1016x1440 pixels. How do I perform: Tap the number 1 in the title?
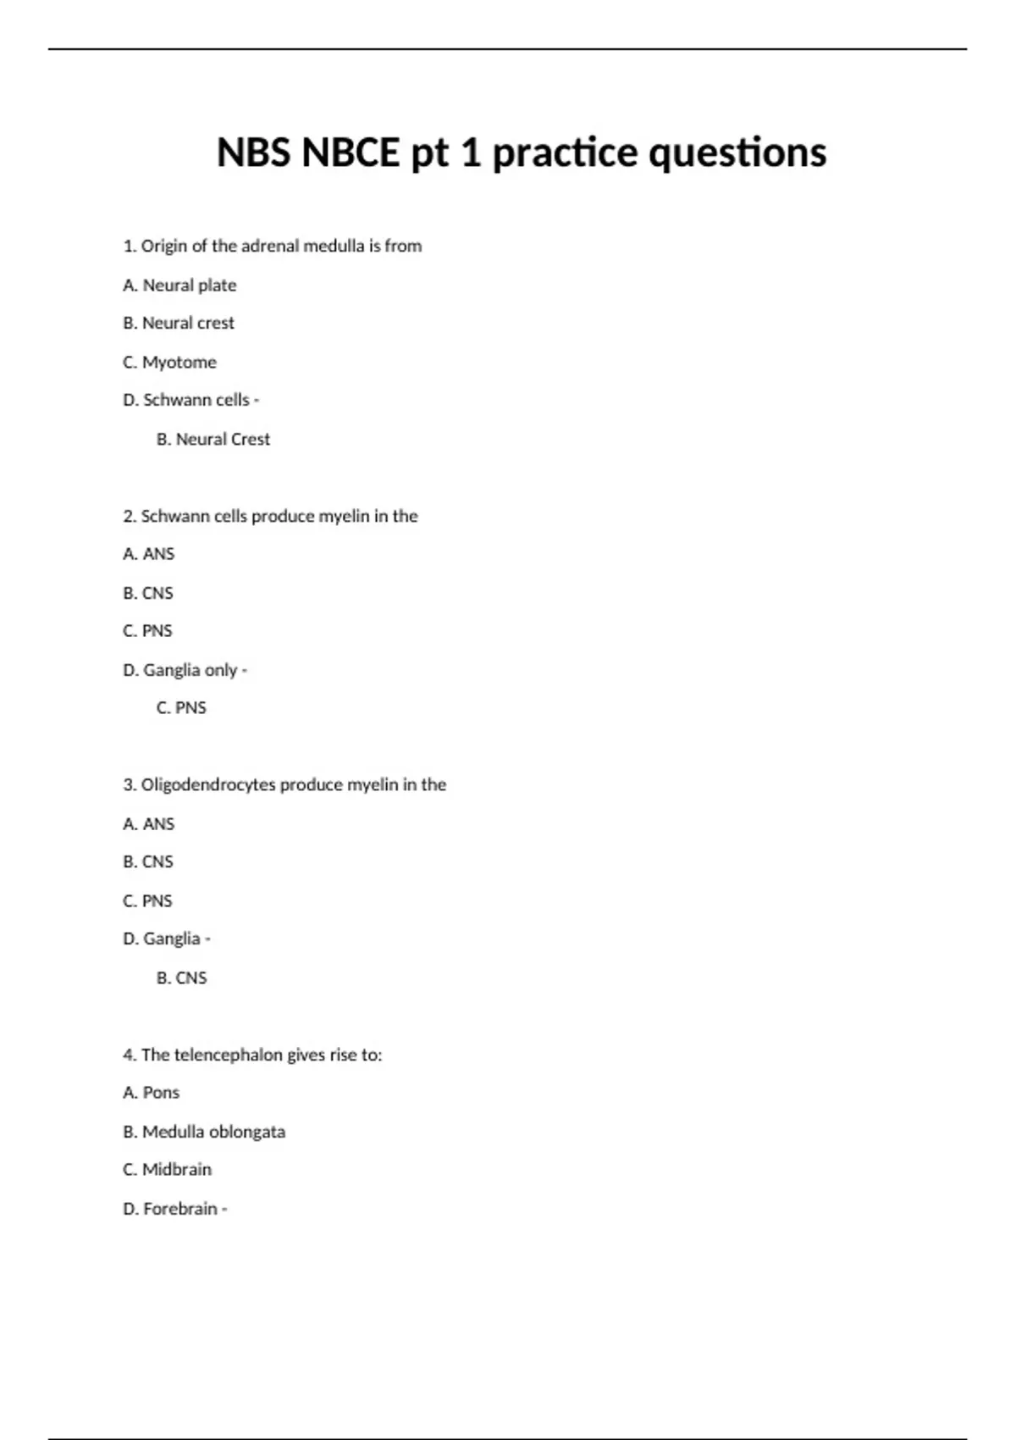point(471,153)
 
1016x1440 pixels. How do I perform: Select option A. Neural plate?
point(179,285)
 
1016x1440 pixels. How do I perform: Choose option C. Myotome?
point(169,363)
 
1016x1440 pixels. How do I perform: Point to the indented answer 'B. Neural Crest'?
point(213,440)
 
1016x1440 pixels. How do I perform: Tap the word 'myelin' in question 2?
point(344,517)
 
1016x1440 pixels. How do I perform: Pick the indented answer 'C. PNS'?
point(181,708)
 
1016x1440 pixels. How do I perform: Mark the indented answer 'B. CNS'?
point(181,978)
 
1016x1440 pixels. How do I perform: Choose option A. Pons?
point(151,1093)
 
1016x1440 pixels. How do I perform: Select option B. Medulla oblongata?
point(204,1132)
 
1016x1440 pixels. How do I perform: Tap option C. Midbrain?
point(167,1170)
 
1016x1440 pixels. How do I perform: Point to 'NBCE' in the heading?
point(351,153)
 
